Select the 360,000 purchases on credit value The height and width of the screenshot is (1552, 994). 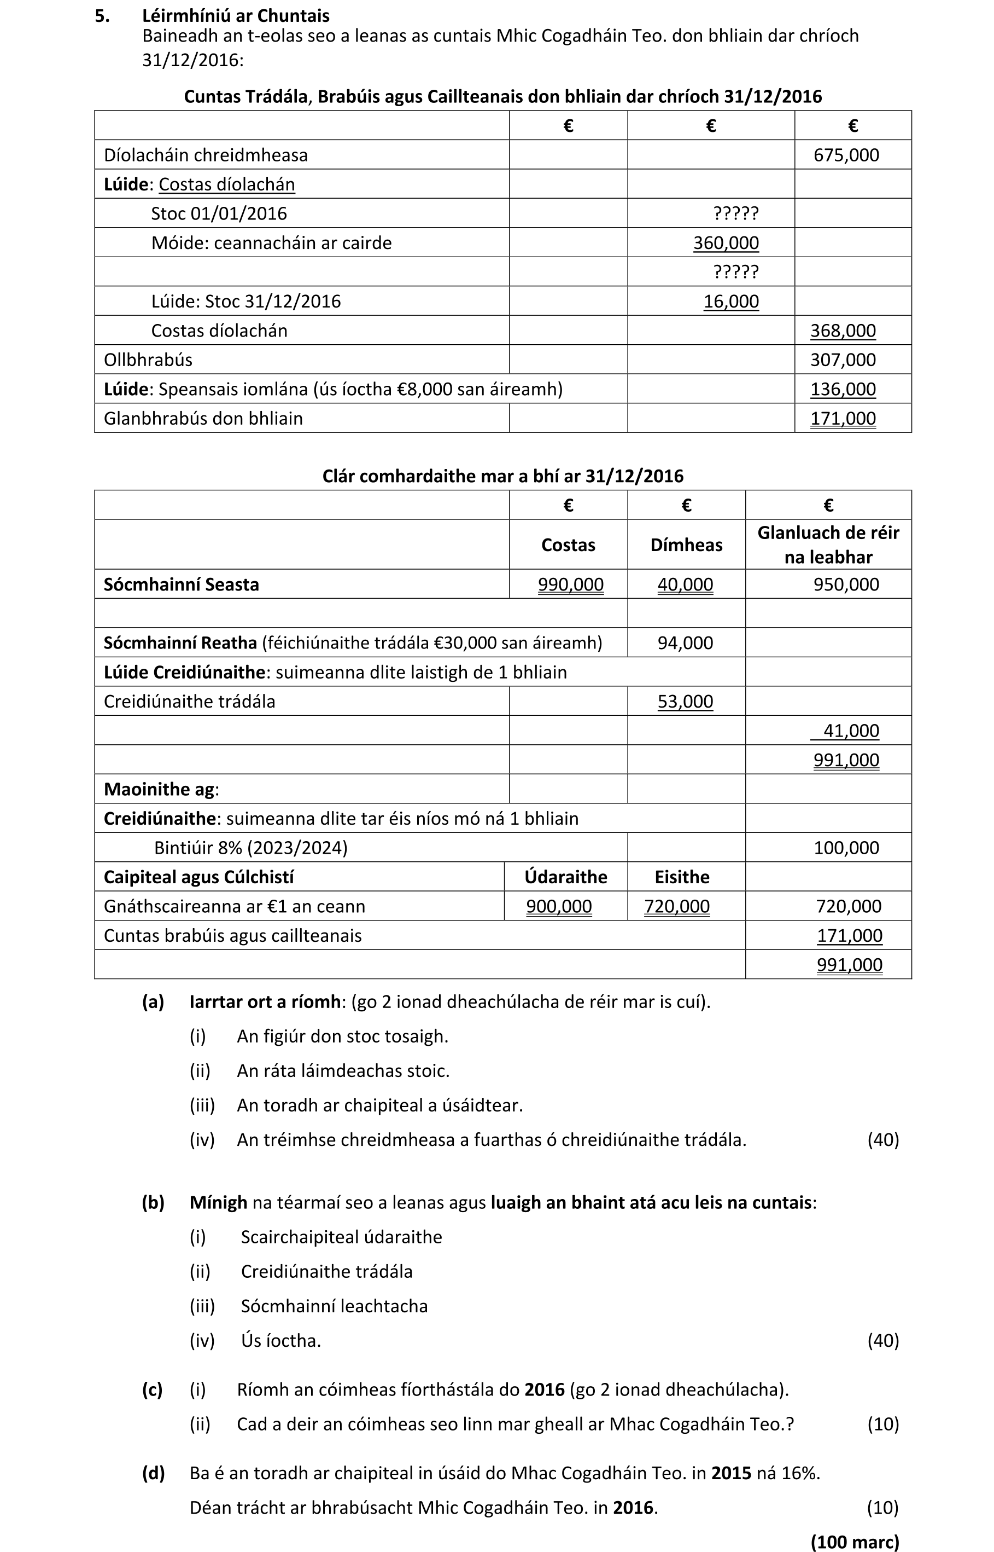tap(726, 243)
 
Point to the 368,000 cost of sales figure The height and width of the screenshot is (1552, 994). tap(843, 331)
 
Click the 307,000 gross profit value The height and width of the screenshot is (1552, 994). tap(843, 360)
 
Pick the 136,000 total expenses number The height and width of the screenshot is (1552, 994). tap(843, 390)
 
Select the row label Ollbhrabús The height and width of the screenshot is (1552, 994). tap(148, 360)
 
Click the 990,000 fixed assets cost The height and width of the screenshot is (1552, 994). tap(571, 584)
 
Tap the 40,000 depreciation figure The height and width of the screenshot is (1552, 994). tap(685, 584)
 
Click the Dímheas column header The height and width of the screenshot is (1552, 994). tap(686, 545)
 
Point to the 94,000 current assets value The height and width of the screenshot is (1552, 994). tap(685, 643)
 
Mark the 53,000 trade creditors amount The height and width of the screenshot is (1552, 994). tap(685, 702)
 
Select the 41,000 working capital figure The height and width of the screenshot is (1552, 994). tap(851, 731)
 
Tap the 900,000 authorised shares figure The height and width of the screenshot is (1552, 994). tap(558, 906)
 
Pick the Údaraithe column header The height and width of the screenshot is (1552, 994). tap(565, 877)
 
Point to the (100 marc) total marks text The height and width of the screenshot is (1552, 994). tap(854, 1542)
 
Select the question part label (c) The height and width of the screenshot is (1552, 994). tap(153, 1389)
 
